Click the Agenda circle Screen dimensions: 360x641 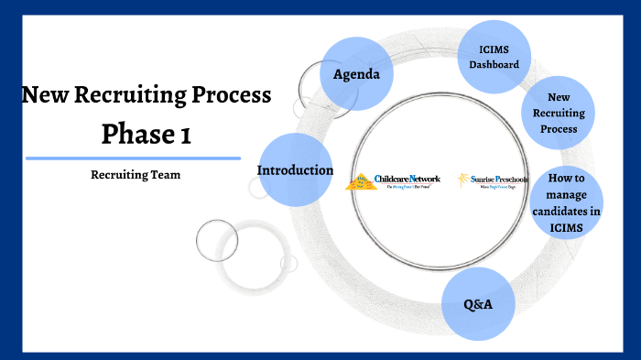[x=355, y=73]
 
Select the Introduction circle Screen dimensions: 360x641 [x=295, y=169]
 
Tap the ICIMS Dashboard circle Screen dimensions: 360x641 [x=494, y=57]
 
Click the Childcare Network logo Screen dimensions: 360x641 [x=394, y=180]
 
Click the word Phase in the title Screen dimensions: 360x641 [x=132, y=135]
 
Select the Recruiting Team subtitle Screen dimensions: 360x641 [x=136, y=175]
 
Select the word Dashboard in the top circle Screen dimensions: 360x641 [x=494, y=65]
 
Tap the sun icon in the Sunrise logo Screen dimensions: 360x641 [x=464, y=179]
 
